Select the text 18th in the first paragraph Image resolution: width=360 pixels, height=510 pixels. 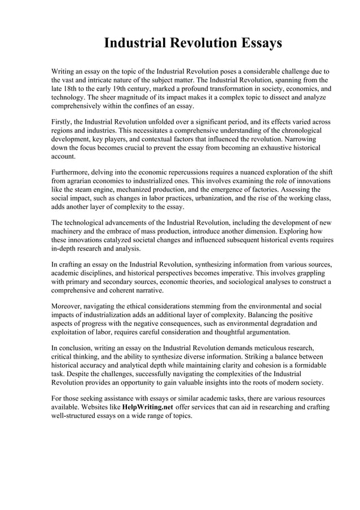pyautogui.click(x=72, y=89)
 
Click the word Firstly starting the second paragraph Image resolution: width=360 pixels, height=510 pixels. pyautogui.click(x=63, y=122)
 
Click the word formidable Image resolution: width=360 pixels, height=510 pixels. pyautogui.click(x=305, y=365)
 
